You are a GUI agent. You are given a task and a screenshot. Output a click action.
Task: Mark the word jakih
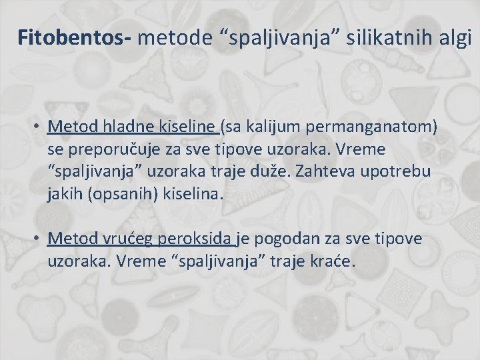click(x=64, y=194)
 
